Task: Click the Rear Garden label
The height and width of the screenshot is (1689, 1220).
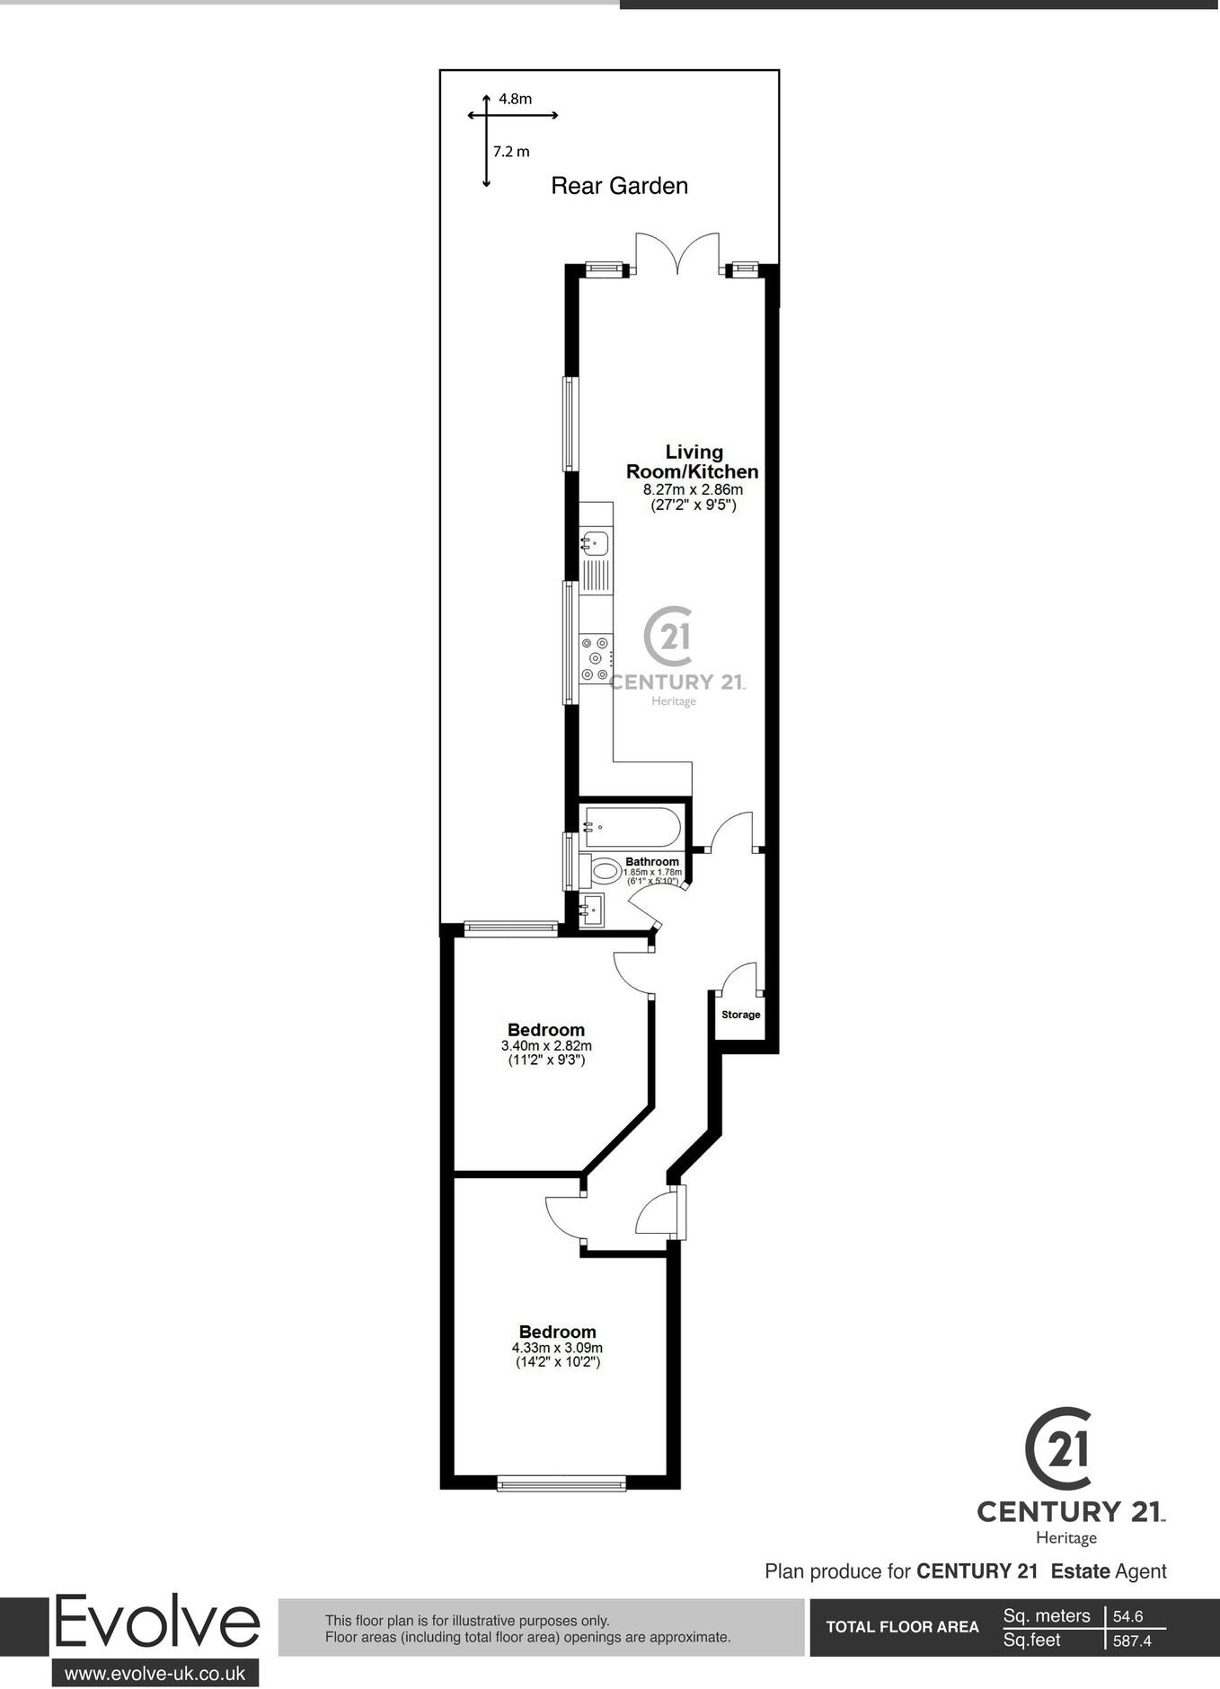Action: [x=619, y=186]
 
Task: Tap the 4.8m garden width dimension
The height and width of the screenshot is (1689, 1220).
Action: [x=515, y=100]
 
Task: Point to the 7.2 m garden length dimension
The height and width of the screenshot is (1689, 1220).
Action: [x=511, y=152]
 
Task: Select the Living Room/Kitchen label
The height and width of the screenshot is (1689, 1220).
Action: [x=692, y=462]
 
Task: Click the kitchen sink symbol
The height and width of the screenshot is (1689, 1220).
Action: [x=595, y=541]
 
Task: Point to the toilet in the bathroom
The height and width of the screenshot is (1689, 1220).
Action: [x=603, y=869]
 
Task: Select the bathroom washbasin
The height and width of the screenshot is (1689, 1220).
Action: [x=593, y=910]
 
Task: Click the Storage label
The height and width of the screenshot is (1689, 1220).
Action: [x=741, y=1015]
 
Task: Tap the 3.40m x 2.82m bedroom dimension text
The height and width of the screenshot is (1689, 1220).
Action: [x=546, y=1045]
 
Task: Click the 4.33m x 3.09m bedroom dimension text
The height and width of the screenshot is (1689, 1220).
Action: [x=557, y=1348]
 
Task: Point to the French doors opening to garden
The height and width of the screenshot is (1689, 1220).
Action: [x=678, y=254]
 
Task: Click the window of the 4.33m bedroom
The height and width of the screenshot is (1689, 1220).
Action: [x=561, y=1484]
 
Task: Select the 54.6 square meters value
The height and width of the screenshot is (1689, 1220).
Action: [x=1128, y=1616]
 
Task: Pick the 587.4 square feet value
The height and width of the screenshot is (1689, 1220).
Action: [x=1132, y=1641]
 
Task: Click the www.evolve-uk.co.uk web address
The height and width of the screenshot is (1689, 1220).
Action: [x=155, y=1673]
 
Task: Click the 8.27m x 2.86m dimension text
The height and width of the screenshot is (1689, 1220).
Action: [x=693, y=490]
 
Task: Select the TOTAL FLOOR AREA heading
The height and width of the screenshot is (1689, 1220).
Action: [x=902, y=1627]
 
